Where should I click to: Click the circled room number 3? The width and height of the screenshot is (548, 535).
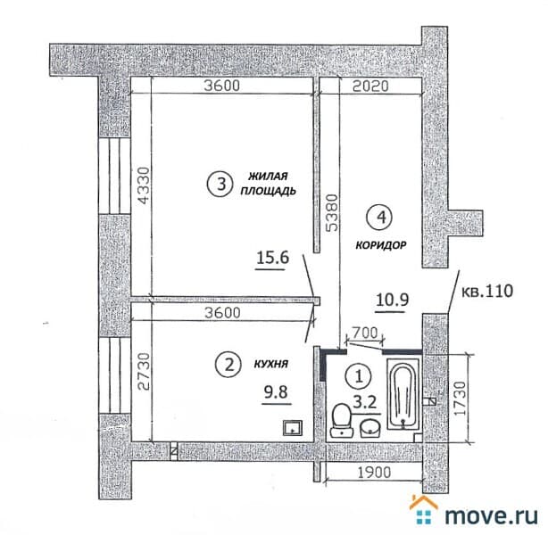[220, 184]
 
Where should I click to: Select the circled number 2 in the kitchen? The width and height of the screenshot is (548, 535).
[228, 366]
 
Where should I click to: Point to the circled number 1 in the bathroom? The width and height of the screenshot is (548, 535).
[359, 376]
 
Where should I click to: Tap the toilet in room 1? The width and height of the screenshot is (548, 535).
[342, 420]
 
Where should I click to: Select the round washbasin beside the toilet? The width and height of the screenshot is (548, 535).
[370, 428]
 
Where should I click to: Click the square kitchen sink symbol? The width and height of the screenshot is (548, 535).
[293, 428]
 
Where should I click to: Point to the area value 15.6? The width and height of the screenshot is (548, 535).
[272, 259]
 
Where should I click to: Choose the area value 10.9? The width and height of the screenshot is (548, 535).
[393, 300]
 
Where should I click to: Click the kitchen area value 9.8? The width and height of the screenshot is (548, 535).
[276, 392]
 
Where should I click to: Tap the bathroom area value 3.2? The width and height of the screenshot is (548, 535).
[365, 403]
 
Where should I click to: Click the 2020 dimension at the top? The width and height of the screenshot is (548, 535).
[370, 86]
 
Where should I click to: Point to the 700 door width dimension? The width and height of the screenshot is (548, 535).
[364, 333]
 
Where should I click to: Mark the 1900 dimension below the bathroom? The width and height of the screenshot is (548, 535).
[374, 473]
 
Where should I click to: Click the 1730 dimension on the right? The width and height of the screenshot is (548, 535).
[461, 399]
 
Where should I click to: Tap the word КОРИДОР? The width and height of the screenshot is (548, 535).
[381, 245]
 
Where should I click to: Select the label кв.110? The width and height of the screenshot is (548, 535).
[488, 291]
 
